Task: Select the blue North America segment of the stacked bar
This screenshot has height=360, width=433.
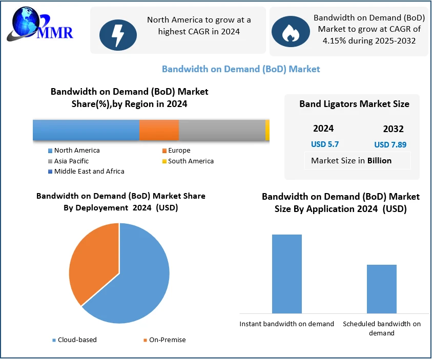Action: click(x=86, y=130)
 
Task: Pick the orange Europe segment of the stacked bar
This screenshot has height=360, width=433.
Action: click(x=159, y=130)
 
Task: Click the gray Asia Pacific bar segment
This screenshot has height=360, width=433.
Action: click(x=222, y=130)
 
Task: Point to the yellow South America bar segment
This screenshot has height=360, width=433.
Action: click(x=267, y=130)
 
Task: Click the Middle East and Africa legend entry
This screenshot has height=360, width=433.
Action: click(x=89, y=172)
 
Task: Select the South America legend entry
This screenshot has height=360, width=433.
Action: click(x=191, y=161)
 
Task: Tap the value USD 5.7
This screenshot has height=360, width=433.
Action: click(x=325, y=144)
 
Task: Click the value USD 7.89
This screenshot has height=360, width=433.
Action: click(x=390, y=145)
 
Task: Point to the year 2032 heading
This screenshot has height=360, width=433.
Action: click(x=393, y=129)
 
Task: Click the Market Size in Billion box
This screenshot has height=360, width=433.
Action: click(x=358, y=160)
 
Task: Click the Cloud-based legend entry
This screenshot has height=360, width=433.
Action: click(x=77, y=340)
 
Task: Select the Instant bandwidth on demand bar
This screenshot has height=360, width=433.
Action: click(x=286, y=274)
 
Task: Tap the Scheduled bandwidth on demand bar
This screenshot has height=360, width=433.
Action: click(x=381, y=289)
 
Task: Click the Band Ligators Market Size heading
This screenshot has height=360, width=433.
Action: click(x=354, y=104)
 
